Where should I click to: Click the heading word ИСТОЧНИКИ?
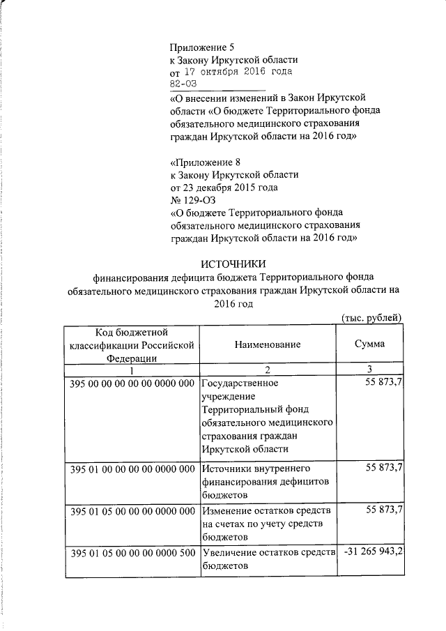pyautogui.click(x=233, y=264)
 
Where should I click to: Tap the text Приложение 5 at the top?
pyautogui.click(x=203, y=47)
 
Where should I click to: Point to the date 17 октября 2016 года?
pyautogui.click(x=238, y=72)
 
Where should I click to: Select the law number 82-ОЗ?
pyautogui.click(x=185, y=84)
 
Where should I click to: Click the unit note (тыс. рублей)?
pyautogui.click(x=371, y=318)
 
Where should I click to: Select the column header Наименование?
pyautogui.click(x=268, y=344)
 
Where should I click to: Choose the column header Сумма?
pyautogui.click(x=369, y=344)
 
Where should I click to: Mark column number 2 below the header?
pyautogui.click(x=268, y=369)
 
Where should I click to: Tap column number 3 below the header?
pyautogui.click(x=369, y=369)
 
